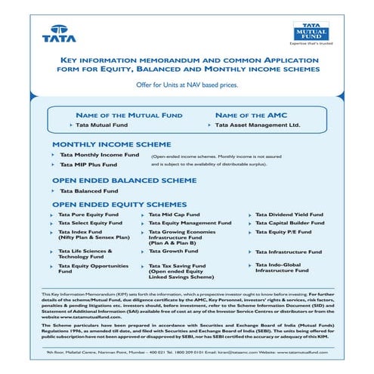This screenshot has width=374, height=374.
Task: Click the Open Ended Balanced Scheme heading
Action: click(124, 181)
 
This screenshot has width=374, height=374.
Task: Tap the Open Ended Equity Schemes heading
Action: click(120, 205)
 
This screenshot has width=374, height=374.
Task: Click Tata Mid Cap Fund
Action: click(172, 215)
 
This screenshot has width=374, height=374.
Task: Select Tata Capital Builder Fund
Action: click(289, 224)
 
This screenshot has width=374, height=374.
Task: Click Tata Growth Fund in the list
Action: click(173, 252)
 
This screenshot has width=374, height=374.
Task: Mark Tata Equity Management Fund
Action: click(190, 224)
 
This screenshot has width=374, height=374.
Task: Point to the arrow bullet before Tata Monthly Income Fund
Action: click(52, 154)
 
